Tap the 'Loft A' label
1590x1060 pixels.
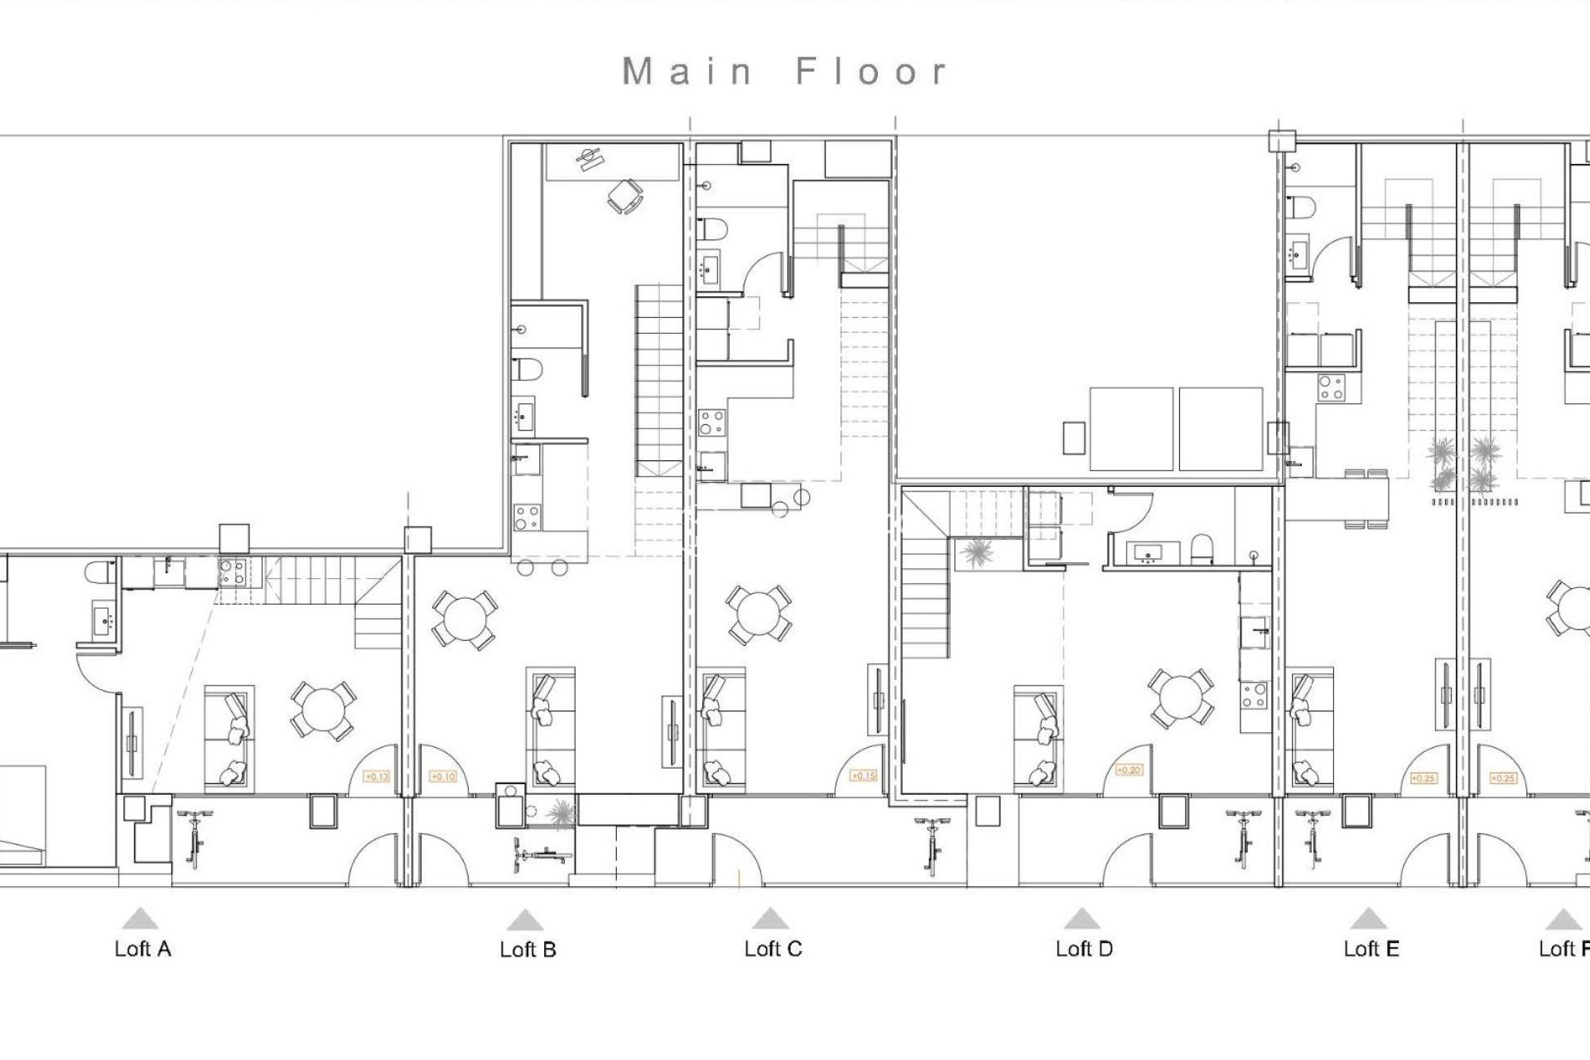142,949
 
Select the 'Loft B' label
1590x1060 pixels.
528,950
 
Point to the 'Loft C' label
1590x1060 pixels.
773,949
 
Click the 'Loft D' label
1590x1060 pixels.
1083,949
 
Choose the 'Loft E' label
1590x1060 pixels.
1371,949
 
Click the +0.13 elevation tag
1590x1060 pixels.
376,777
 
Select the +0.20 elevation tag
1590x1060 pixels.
1129,770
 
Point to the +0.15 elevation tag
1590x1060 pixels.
864,776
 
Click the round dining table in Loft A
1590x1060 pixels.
322,710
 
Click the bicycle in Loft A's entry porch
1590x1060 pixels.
195,838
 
